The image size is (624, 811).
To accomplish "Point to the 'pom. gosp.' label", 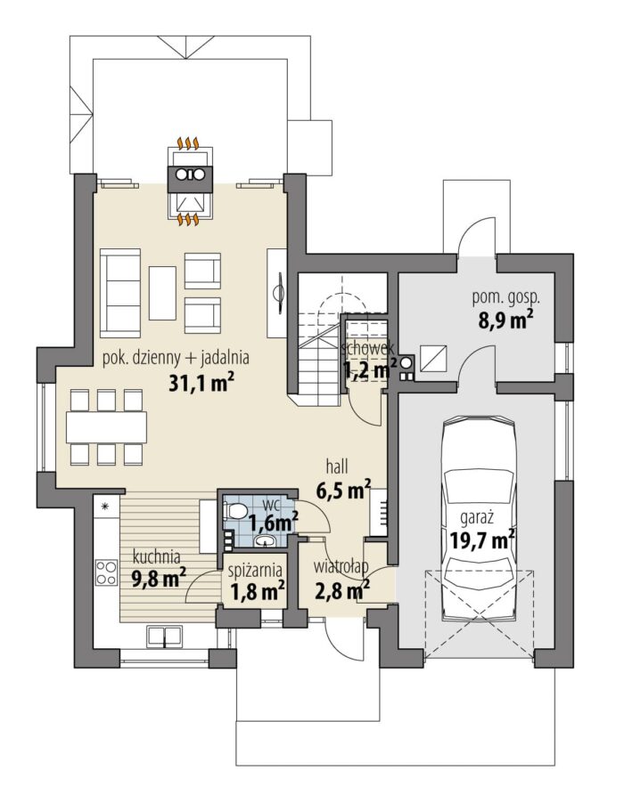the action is click(506, 298).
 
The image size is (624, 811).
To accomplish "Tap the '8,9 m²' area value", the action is click(506, 320).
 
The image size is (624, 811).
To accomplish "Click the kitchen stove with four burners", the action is click(106, 572).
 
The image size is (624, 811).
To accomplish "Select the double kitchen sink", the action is click(164, 635).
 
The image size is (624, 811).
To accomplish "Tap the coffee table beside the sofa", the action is click(162, 293).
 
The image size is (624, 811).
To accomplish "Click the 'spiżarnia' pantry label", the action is click(256, 571).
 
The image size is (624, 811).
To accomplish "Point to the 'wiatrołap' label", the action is click(341, 566).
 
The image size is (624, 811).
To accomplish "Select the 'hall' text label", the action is click(337, 466).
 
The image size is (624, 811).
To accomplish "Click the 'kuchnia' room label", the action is click(156, 557).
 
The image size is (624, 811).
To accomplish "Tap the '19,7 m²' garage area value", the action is click(481, 541).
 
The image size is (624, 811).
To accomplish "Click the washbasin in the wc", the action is click(267, 541).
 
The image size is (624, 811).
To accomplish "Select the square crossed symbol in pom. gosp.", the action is click(433, 358).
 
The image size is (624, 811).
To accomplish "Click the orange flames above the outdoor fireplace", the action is click(188, 142).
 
